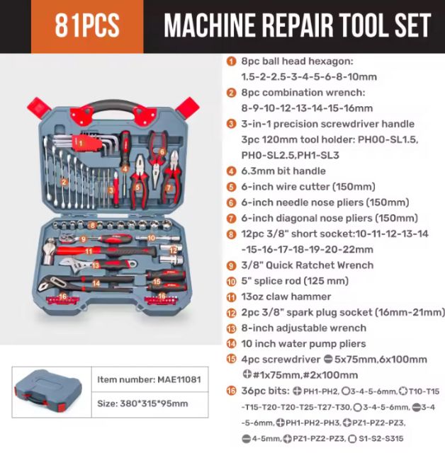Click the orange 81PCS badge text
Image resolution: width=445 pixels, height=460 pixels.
click(87, 25)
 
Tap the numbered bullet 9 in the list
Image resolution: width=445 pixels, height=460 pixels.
click(231, 265)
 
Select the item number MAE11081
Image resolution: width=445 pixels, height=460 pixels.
click(179, 379)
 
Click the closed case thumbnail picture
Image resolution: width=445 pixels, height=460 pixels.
click(48, 391)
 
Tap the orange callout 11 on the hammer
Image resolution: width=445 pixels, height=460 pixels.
click(89, 251)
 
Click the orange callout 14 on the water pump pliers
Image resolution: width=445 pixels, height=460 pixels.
click(96, 283)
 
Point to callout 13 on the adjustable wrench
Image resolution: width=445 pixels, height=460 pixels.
click(96, 265)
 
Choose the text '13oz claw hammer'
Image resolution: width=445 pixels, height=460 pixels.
click(286, 297)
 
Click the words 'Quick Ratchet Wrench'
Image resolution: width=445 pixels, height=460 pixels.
click(320, 265)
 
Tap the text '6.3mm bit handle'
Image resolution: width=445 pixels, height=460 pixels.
click(283, 171)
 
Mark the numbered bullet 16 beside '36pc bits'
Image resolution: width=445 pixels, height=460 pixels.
click(231, 391)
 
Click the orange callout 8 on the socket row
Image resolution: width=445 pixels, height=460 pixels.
click(93, 225)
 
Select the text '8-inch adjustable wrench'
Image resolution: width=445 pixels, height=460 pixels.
click(304, 328)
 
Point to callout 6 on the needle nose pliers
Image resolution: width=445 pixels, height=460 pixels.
click(162, 151)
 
